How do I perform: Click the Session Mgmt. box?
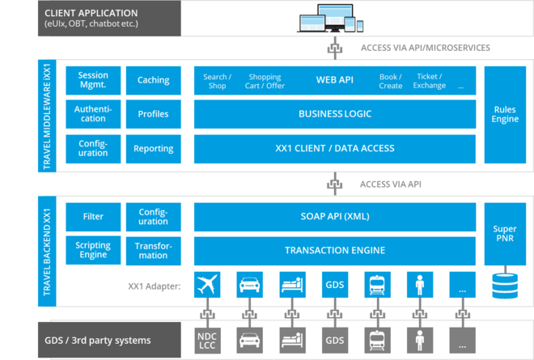[93, 81]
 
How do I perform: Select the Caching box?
[153, 81]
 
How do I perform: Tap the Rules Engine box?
[504, 115]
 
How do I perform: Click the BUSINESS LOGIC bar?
[335, 114]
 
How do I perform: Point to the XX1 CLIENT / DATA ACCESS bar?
[335, 148]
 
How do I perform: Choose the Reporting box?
[153, 149]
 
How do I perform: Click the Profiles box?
[153, 115]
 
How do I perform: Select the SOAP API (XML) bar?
[335, 217]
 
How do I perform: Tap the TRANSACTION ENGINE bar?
[335, 251]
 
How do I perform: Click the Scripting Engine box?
[93, 251]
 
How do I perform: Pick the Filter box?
[93, 217]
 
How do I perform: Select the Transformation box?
[153, 251]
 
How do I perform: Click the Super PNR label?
[504, 235]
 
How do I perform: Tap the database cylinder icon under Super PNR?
[504, 286]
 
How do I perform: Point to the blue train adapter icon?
[378, 286]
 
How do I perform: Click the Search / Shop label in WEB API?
[217, 81]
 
